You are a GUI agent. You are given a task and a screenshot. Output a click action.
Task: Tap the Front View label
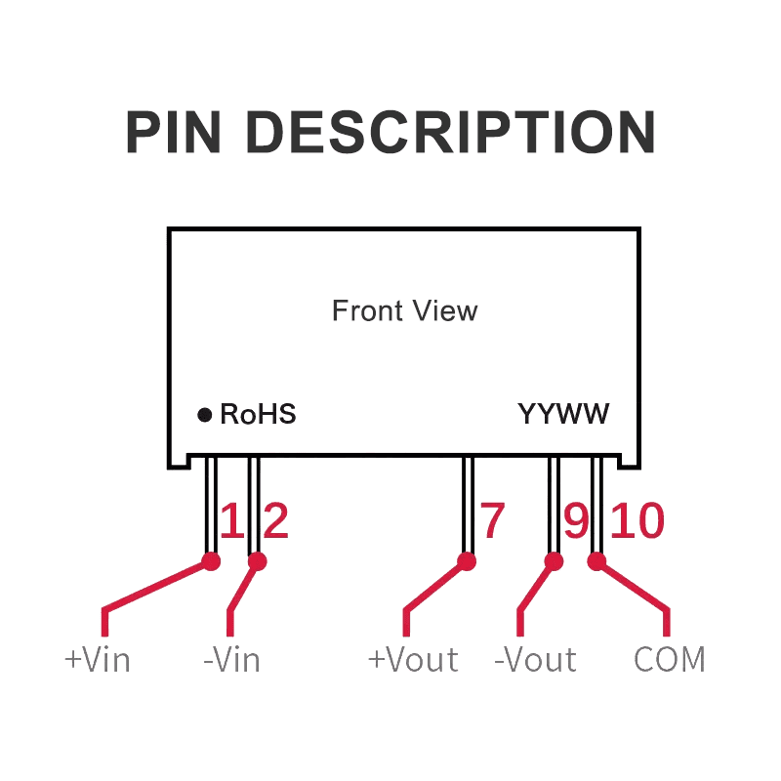(x=404, y=311)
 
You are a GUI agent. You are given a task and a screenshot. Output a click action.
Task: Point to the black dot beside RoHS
(x=205, y=415)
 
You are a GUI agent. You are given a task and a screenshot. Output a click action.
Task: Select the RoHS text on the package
(x=258, y=415)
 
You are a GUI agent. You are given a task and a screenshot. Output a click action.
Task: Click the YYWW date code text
(x=564, y=415)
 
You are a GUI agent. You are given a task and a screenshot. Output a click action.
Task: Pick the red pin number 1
(x=231, y=521)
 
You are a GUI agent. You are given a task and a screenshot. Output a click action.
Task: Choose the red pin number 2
(x=276, y=521)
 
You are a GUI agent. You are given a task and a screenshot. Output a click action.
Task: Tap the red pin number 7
(x=492, y=521)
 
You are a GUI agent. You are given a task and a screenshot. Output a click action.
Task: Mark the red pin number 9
(x=577, y=521)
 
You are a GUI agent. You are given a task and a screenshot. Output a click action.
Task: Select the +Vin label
(x=98, y=660)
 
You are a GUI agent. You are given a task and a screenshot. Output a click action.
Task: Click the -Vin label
(x=231, y=660)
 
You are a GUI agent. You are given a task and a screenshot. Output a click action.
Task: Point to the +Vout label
(x=413, y=660)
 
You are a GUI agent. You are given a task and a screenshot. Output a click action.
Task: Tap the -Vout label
(x=536, y=660)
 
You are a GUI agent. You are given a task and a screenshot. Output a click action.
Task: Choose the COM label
(x=670, y=660)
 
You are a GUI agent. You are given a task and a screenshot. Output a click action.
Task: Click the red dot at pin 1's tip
(x=210, y=561)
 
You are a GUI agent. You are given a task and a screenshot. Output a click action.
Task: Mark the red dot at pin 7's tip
(x=467, y=561)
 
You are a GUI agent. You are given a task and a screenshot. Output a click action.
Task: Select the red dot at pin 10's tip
(x=596, y=561)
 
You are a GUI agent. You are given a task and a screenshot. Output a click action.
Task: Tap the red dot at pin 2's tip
(x=258, y=561)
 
